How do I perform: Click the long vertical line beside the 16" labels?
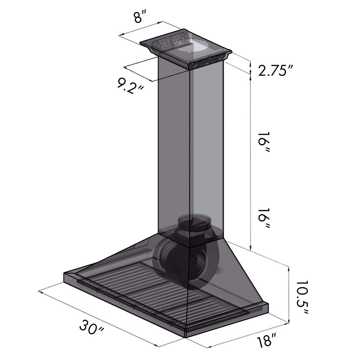250,162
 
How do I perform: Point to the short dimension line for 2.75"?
250,67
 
